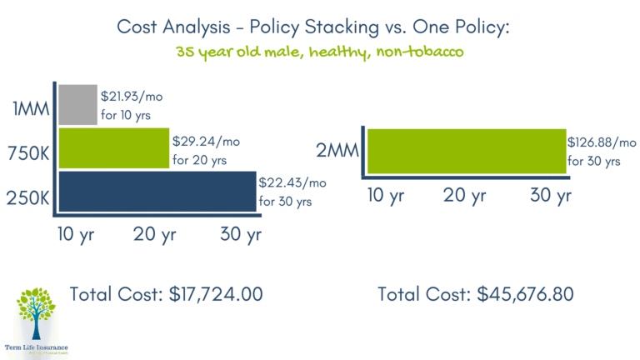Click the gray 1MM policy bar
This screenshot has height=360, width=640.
coord(77,104)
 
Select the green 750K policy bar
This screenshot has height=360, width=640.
coord(113,147)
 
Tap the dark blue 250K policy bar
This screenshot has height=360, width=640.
coord(157,191)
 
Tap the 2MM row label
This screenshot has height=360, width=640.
coord(338,152)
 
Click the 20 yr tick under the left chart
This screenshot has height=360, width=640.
coord(157,234)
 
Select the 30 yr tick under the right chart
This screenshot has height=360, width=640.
coord(551,196)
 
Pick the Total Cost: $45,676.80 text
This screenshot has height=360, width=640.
coord(476,294)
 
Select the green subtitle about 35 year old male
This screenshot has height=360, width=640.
coord(319,51)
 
